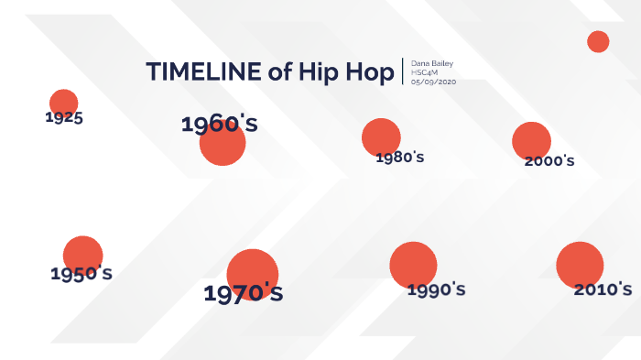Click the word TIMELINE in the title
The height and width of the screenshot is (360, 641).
pos(202,72)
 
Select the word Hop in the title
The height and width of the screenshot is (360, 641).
pos(369,72)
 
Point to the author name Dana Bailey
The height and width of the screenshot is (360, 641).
pos(430,63)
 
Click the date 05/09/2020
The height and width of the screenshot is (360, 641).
pos(433,82)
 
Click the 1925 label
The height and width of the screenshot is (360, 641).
pos(64,117)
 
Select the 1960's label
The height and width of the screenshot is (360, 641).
pos(219,125)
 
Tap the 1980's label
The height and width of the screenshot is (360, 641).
pos(400,158)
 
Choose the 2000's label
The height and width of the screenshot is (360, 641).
pos(549,161)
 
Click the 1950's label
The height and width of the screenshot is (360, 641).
pos(81,273)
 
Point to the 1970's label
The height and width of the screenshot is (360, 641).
pos(243,294)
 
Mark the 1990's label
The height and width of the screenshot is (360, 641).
pos(436,290)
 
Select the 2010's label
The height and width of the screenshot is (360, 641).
pos(603,289)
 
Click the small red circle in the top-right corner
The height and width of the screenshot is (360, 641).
pos(598,41)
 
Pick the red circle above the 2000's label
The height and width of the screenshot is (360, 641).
pos(531,139)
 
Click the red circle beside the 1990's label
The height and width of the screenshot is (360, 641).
pos(412,264)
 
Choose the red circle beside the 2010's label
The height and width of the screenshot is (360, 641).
pos(579,264)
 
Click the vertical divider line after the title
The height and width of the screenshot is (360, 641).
pos(403,71)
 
